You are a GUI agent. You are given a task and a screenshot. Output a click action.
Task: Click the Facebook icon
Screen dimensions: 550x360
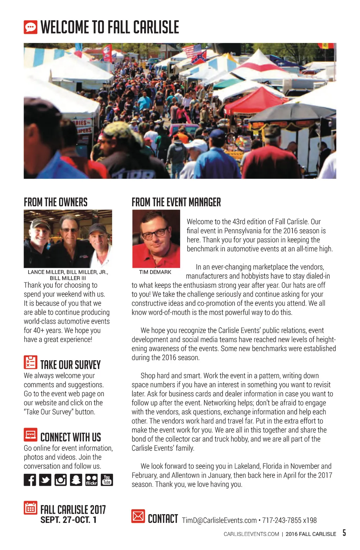click(x=30, y=480)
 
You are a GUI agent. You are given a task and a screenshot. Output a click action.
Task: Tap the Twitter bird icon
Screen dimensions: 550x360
click(x=45, y=480)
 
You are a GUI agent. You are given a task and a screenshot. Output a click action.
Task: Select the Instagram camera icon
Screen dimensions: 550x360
click(x=60, y=480)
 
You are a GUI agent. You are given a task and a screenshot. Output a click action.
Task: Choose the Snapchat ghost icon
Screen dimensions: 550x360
click(x=76, y=480)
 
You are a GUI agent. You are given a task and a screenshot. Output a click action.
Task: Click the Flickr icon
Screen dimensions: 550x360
click(x=91, y=480)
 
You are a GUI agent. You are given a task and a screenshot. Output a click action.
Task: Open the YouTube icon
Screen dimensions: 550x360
click(x=107, y=480)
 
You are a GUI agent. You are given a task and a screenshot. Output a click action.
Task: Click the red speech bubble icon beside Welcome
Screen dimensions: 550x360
click(x=31, y=27)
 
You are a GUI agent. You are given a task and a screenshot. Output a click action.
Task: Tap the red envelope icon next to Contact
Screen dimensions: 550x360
click(x=138, y=516)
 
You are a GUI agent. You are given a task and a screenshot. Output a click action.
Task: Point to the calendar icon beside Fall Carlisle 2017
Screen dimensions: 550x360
click(x=31, y=508)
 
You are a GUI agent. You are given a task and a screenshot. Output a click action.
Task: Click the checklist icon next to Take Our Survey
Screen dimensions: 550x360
click(x=31, y=362)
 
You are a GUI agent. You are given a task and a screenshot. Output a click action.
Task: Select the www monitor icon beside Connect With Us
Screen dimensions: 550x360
click(x=31, y=435)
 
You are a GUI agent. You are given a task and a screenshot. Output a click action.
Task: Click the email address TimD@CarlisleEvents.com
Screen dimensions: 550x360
click(x=219, y=520)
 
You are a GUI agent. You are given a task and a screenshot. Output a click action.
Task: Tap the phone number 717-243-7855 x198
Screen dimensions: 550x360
click(x=289, y=520)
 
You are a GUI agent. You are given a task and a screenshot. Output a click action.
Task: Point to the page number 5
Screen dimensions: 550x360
click(x=344, y=533)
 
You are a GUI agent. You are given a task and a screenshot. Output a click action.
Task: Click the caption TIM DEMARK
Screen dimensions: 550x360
click(x=155, y=272)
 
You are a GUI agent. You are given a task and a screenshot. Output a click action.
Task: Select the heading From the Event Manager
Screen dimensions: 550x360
click(x=176, y=202)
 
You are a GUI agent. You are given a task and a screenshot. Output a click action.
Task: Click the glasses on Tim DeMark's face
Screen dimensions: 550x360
click(x=155, y=233)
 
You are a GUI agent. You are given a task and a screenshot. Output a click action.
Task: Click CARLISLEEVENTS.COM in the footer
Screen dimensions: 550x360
click(x=251, y=534)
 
